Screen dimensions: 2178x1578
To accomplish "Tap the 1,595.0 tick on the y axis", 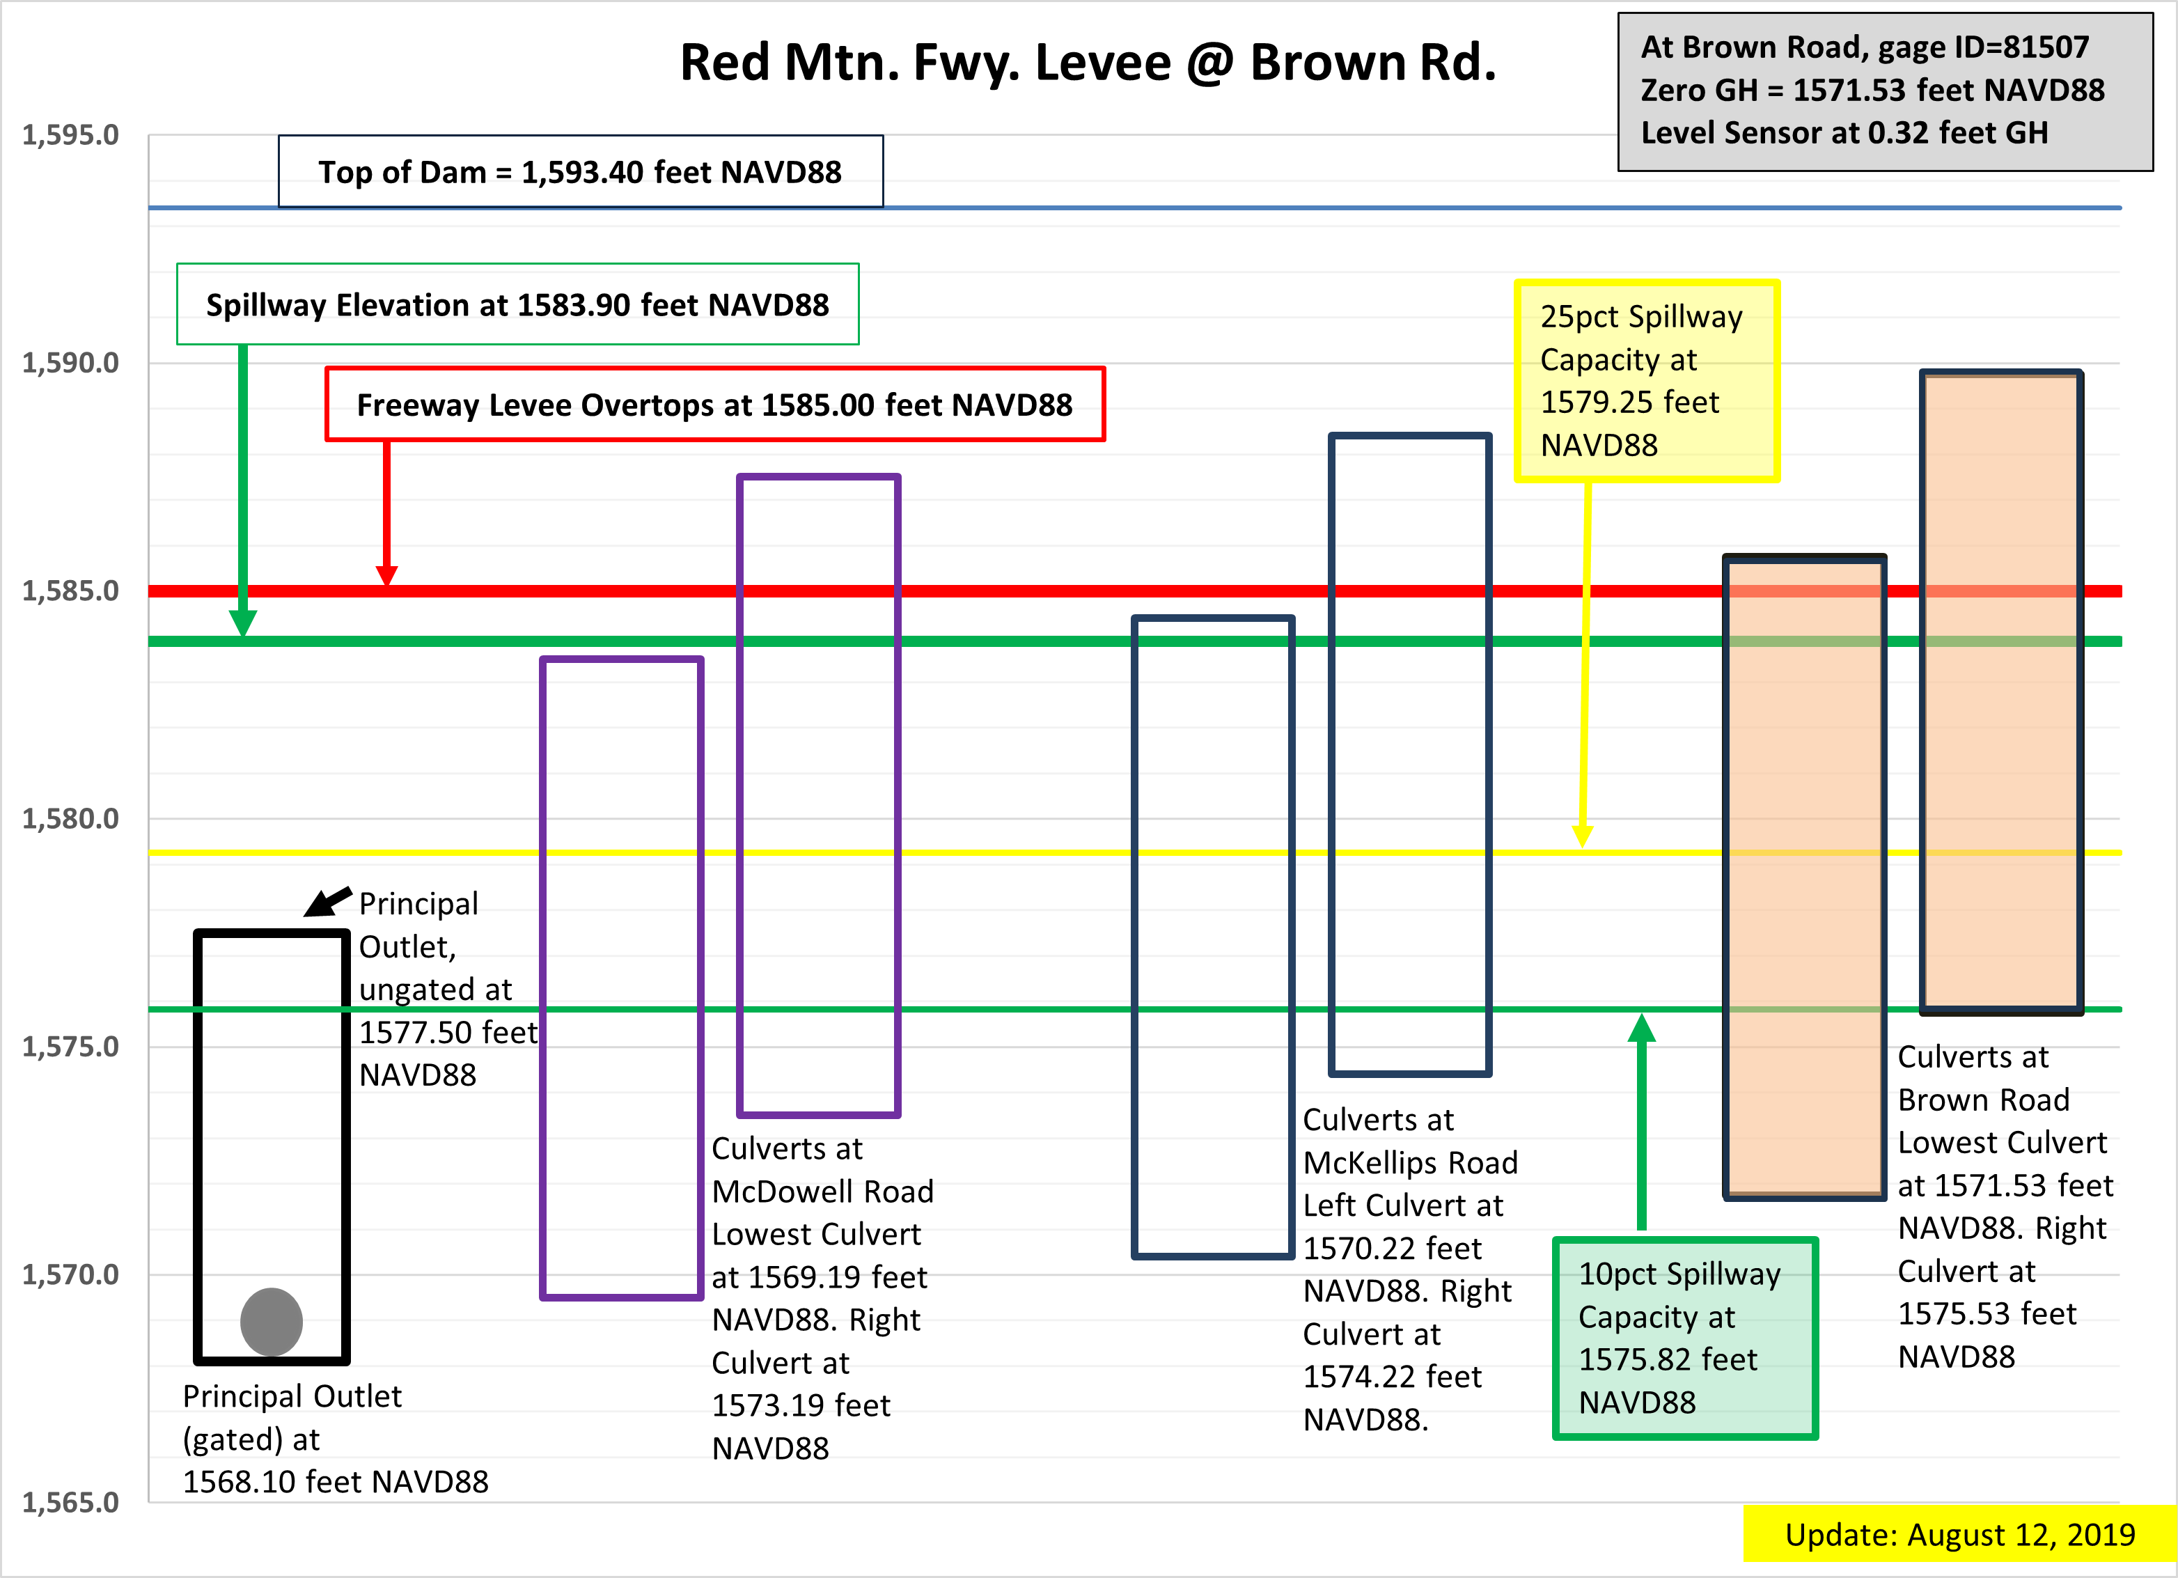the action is click(x=71, y=135).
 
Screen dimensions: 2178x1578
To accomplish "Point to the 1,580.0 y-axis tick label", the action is click(x=71, y=819).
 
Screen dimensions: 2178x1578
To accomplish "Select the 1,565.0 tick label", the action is click(x=71, y=1502).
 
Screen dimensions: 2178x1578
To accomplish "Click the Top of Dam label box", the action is click(x=581, y=171).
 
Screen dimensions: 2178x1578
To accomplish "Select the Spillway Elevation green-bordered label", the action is click(x=517, y=304).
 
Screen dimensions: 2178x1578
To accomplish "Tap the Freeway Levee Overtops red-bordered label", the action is click(x=714, y=405).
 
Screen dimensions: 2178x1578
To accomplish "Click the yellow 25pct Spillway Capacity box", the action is click(x=1647, y=380).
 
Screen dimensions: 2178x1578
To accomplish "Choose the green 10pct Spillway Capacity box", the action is click(x=1685, y=1338).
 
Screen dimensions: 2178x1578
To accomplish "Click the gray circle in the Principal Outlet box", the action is click(x=272, y=1322).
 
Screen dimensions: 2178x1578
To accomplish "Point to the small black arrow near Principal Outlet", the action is click(x=327, y=902).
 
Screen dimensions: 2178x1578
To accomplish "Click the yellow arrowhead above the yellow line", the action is click(x=1583, y=836).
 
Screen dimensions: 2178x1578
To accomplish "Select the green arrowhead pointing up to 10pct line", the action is click(x=1642, y=1028).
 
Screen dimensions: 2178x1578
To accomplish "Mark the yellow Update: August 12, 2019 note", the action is click(x=1960, y=1534).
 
